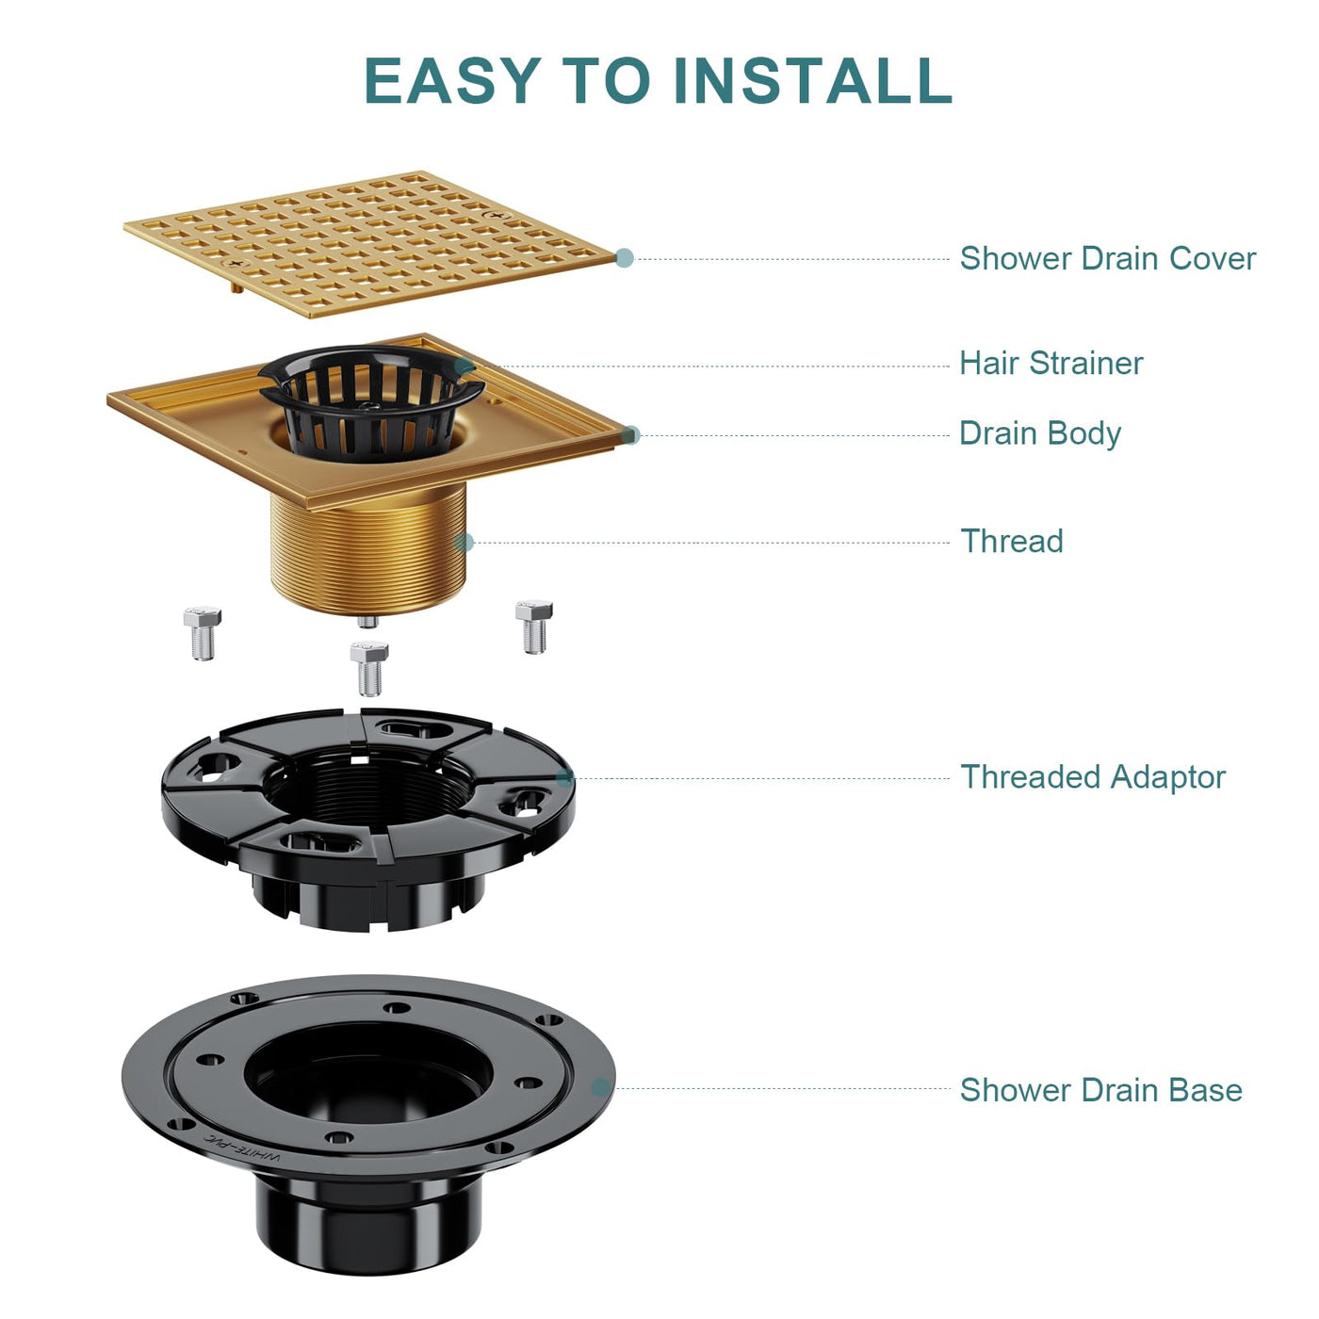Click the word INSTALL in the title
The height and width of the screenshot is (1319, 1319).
click(x=812, y=80)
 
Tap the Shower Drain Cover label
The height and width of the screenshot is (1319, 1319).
click(x=1108, y=259)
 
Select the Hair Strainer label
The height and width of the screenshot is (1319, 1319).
click(x=1050, y=364)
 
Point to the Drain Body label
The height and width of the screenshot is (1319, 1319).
click(x=1040, y=434)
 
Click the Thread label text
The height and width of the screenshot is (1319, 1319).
click(x=1012, y=541)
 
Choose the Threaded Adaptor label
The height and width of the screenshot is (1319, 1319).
click(x=1093, y=777)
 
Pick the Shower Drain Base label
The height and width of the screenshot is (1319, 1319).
click(x=1100, y=1090)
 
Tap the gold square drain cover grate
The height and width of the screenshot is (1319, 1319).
click(x=370, y=244)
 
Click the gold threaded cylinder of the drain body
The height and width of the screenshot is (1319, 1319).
click(x=368, y=551)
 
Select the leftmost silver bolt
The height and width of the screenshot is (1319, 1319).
click(x=203, y=633)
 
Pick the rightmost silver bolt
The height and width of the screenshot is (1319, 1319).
click(x=534, y=627)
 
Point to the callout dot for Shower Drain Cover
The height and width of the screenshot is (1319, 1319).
click(x=625, y=258)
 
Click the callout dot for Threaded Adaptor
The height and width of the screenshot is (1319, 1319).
click(x=565, y=777)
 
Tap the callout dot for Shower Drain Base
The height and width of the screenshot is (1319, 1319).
click(x=601, y=1087)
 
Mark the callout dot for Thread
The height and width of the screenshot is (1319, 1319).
click(x=464, y=543)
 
